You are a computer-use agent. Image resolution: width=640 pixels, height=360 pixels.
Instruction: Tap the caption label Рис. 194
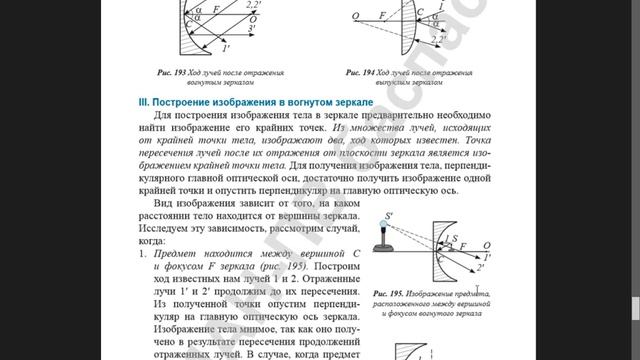pos(362,73)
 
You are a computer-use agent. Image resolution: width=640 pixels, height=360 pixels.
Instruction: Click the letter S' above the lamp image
pos(389,215)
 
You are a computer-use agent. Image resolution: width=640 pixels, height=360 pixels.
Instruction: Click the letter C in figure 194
pos(420,13)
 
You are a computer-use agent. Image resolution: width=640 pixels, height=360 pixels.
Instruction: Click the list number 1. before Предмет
pos(142,256)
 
